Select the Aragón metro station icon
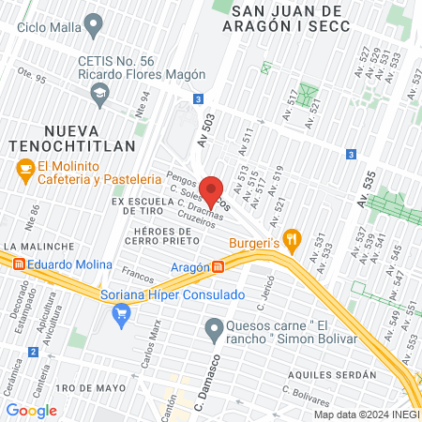(x=218, y=267)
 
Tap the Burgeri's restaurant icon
(x=292, y=240)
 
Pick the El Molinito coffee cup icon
(x=25, y=169)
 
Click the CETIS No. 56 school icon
(x=98, y=92)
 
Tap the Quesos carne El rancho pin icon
(x=214, y=328)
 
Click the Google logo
(x=31, y=410)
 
